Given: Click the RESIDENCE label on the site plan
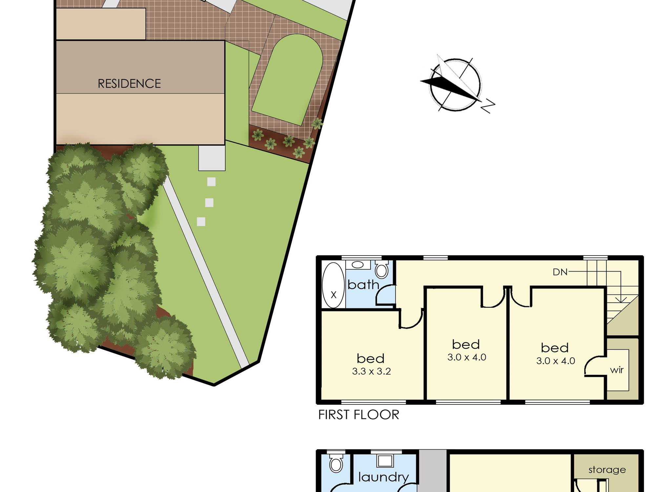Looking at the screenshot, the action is pos(129,84).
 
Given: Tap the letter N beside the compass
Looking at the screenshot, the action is pos(488,106).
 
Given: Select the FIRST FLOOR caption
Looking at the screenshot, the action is pos(359,415).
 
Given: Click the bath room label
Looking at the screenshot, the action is pos(363,284).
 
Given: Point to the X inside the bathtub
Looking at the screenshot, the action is pos(334,295).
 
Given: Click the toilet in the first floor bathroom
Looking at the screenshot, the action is pos(381,270).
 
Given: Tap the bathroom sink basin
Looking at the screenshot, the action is pos(358,265).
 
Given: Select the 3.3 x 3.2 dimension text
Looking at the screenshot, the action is pos(371,371).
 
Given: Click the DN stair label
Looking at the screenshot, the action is pos(560,272).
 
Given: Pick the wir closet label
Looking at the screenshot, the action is pos(617,370).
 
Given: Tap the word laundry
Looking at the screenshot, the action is pos(383,477).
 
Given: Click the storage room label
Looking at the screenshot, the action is pos(607,470).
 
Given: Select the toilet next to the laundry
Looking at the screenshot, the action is pos(336,463).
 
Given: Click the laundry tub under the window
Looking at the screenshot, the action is pos(385,461).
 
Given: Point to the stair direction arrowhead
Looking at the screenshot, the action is pos(621,299).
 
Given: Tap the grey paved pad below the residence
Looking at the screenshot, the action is pos(212,158).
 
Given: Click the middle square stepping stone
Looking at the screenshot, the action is pos(209,202).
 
